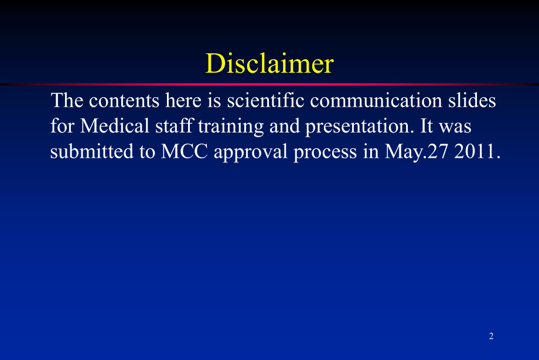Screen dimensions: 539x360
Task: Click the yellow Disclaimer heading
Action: click(x=269, y=63)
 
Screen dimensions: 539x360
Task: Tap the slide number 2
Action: click(x=491, y=336)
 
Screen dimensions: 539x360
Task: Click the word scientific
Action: click(x=266, y=100)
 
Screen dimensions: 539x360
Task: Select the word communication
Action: click(x=376, y=100)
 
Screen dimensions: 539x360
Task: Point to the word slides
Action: click(x=472, y=100)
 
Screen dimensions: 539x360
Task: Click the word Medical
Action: click(x=114, y=125)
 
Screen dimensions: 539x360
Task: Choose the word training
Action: click(x=231, y=127)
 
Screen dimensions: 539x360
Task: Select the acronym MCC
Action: click(x=185, y=151)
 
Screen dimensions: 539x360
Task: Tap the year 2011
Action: click(x=477, y=151)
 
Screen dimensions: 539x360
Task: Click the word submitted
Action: click(x=92, y=151)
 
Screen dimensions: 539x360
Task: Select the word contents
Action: click(x=124, y=101)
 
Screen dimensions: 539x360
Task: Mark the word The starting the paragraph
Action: click(x=67, y=100)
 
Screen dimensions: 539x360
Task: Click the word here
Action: click(x=183, y=100)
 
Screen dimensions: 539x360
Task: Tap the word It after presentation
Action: click(x=427, y=125)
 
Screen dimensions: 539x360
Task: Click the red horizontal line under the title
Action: click(x=269, y=84)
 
